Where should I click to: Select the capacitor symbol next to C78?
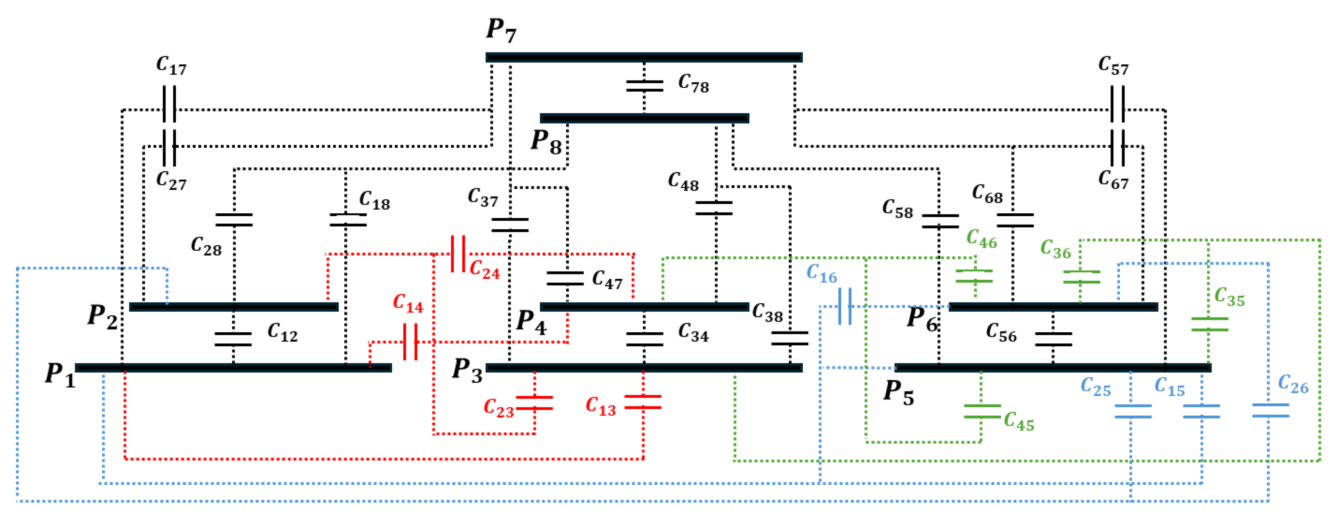coord(644,86)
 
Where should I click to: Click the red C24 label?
coord(485,270)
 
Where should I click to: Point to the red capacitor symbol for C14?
coord(410,342)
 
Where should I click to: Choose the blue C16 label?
coord(822,274)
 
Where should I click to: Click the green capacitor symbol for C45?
coord(982,411)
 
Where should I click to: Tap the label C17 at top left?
coord(171,66)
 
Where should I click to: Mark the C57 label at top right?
coord(1113,66)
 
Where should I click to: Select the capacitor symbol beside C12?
coord(233,339)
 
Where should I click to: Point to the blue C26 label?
coord(1293,384)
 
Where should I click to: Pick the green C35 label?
coord(1229,297)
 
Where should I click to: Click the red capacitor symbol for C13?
coord(643,402)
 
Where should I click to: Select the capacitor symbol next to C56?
coord(1054,339)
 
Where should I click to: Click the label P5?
coord(899,393)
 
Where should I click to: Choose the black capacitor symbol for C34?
coord(644,339)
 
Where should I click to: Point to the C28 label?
coord(206,246)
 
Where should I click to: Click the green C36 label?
coord(1056,249)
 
